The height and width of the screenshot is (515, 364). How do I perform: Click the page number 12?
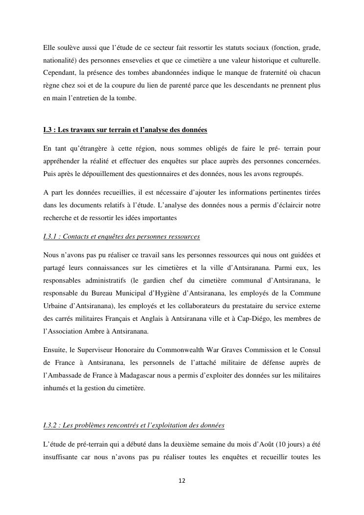tap(182, 481)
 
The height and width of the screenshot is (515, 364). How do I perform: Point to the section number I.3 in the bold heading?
tap(48, 130)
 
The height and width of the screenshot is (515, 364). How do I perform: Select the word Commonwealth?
tap(182, 350)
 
